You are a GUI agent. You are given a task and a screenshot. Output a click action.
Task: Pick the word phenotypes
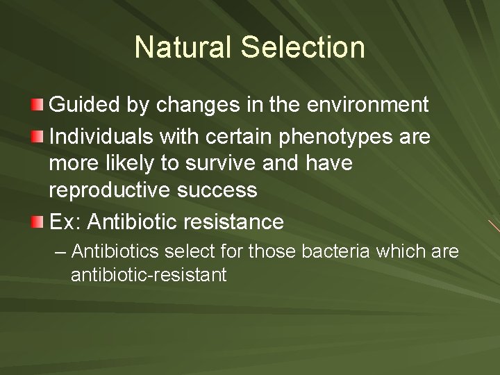coord(333,136)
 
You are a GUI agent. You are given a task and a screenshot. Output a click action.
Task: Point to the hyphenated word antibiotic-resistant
coord(149,276)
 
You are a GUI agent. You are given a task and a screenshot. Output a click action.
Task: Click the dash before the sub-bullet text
coord(60,251)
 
